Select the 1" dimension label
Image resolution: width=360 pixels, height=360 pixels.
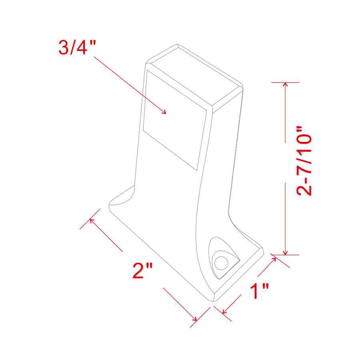pos(259,292)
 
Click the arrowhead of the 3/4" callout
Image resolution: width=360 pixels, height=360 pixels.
pos(164,112)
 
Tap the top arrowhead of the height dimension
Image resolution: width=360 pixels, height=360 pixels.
pos(285,85)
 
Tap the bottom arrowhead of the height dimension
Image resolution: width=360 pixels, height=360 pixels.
pos(285,252)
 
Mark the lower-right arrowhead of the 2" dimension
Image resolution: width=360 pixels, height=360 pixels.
pos(195,319)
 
